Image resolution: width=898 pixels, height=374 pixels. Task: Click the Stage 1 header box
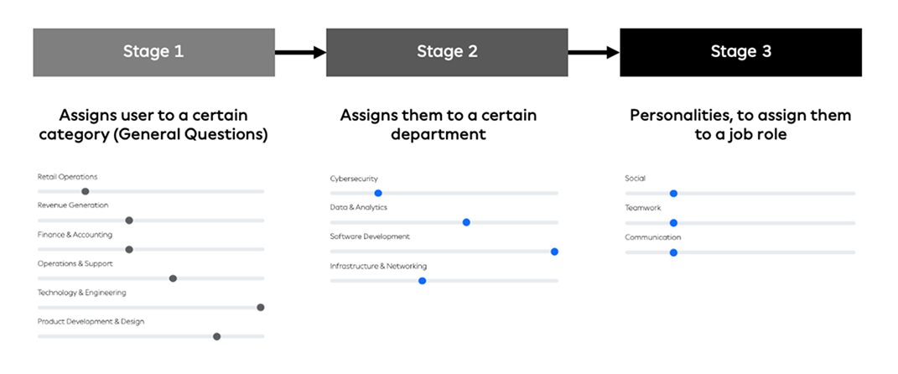point(153,52)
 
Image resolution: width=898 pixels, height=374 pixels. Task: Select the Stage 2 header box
point(447,52)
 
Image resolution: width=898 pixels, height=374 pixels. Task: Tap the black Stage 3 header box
point(740,52)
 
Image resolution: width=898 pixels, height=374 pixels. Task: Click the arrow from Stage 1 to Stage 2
point(300,53)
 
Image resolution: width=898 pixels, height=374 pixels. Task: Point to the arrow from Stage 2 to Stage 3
point(594,53)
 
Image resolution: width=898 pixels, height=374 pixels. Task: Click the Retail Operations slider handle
point(86,191)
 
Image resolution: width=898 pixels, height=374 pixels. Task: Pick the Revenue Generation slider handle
point(129,221)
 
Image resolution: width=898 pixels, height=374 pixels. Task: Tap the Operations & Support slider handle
point(173,278)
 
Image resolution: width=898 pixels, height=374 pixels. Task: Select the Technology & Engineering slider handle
point(260,307)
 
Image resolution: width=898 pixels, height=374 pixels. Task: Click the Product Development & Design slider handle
point(216,336)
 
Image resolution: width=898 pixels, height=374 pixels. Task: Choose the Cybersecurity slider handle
point(378,193)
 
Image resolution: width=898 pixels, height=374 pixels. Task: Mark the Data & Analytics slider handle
point(466,222)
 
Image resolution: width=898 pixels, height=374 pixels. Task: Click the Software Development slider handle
point(554,251)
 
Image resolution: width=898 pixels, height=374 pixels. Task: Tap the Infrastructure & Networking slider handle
point(422,280)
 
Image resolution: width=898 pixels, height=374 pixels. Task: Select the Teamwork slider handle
point(673,223)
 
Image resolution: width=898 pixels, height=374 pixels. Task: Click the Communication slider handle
point(673,252)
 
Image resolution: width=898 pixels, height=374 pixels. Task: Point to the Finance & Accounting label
point(75,235)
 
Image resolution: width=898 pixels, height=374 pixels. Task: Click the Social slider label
point(635,179)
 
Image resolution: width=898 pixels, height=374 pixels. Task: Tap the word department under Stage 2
point(438,134)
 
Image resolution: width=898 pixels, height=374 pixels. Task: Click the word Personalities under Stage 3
point(679,115)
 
